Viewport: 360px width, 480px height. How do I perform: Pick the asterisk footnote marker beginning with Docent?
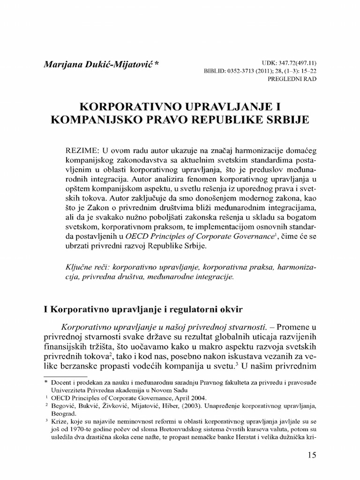[x=46, y=382]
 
